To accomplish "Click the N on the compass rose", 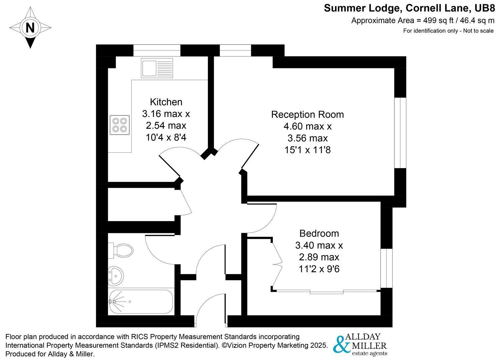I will click(30, 27).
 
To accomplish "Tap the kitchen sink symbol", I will click(157, 68).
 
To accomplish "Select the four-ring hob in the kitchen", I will click(120, 125).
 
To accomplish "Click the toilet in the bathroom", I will click(121, 250).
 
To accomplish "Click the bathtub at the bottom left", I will click(141, 302).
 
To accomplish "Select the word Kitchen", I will click(166, 102).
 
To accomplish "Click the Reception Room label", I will click(307, 114).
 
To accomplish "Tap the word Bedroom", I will click(319, 233).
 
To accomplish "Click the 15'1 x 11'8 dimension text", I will click(307, 150).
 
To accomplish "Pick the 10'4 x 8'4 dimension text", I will click(166, 137).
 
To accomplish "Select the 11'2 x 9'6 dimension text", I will click(319, 269).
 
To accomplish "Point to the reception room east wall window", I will click(400, 133).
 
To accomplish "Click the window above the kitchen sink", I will click(157, 50).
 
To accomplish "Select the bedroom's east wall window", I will click(386, 268).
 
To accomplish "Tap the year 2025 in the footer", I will click(318, 345).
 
